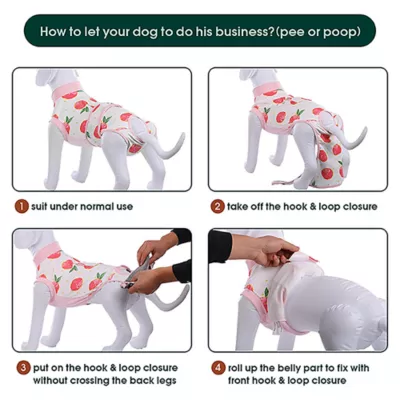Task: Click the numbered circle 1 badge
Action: [20, 207]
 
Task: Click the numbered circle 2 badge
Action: [216, 207]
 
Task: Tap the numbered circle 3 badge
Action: [20, 367]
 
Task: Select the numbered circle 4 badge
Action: [216, 367]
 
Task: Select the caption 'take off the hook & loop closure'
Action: [301, 207]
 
